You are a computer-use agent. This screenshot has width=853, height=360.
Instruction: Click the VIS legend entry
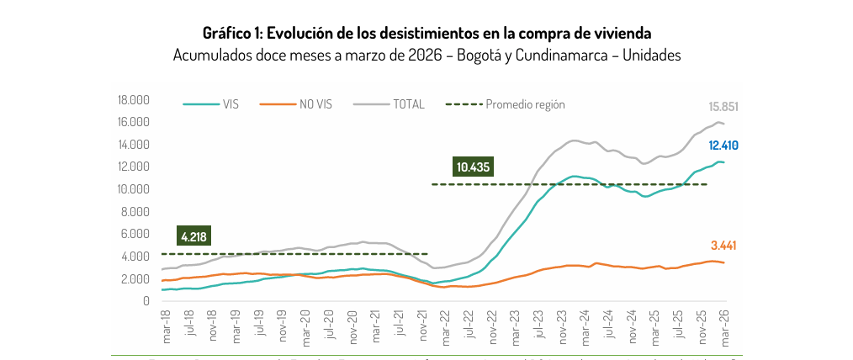tap(230, 105)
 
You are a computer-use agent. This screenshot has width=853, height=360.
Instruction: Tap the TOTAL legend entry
tap(408, 105)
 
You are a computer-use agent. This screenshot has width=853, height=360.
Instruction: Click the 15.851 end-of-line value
tap(723, 107)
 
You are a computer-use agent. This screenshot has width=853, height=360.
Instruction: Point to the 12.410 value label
tap(723, 146)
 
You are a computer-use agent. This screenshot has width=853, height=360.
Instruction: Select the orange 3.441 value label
tap(723, 246)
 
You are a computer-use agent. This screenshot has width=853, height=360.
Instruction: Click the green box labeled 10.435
tap(474, 167)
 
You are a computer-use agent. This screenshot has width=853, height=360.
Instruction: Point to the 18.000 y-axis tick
tap(135, 100)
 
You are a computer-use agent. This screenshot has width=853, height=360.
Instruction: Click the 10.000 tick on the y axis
tap(135, 189)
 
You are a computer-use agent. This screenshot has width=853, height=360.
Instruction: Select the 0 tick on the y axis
tap(146, 301)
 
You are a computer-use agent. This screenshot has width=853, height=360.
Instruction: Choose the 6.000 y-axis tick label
tap(137, 234)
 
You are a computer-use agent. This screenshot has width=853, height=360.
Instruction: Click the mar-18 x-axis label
tap(167, 324)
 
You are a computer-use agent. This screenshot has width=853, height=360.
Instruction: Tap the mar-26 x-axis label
tap(722, 324)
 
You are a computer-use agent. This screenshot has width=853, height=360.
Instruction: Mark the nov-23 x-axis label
tap(560, 324)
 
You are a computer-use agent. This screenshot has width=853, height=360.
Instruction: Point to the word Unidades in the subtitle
tap(651, 55)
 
